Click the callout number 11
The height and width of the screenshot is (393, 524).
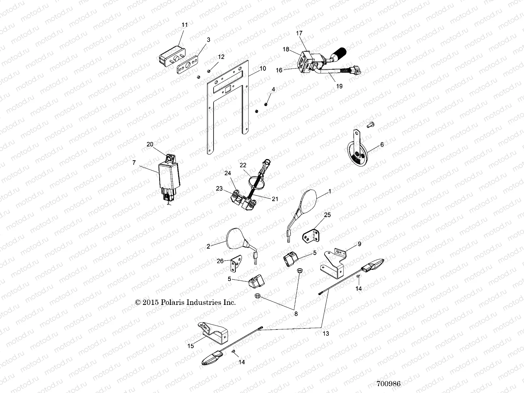(x=185, y=25)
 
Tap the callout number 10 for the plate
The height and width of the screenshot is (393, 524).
(x=263, y=68)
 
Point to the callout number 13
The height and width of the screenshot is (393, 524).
(x=326, y=334)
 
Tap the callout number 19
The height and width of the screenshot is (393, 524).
(x=339, y=86)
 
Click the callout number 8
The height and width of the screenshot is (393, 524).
(x=296, y=313)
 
